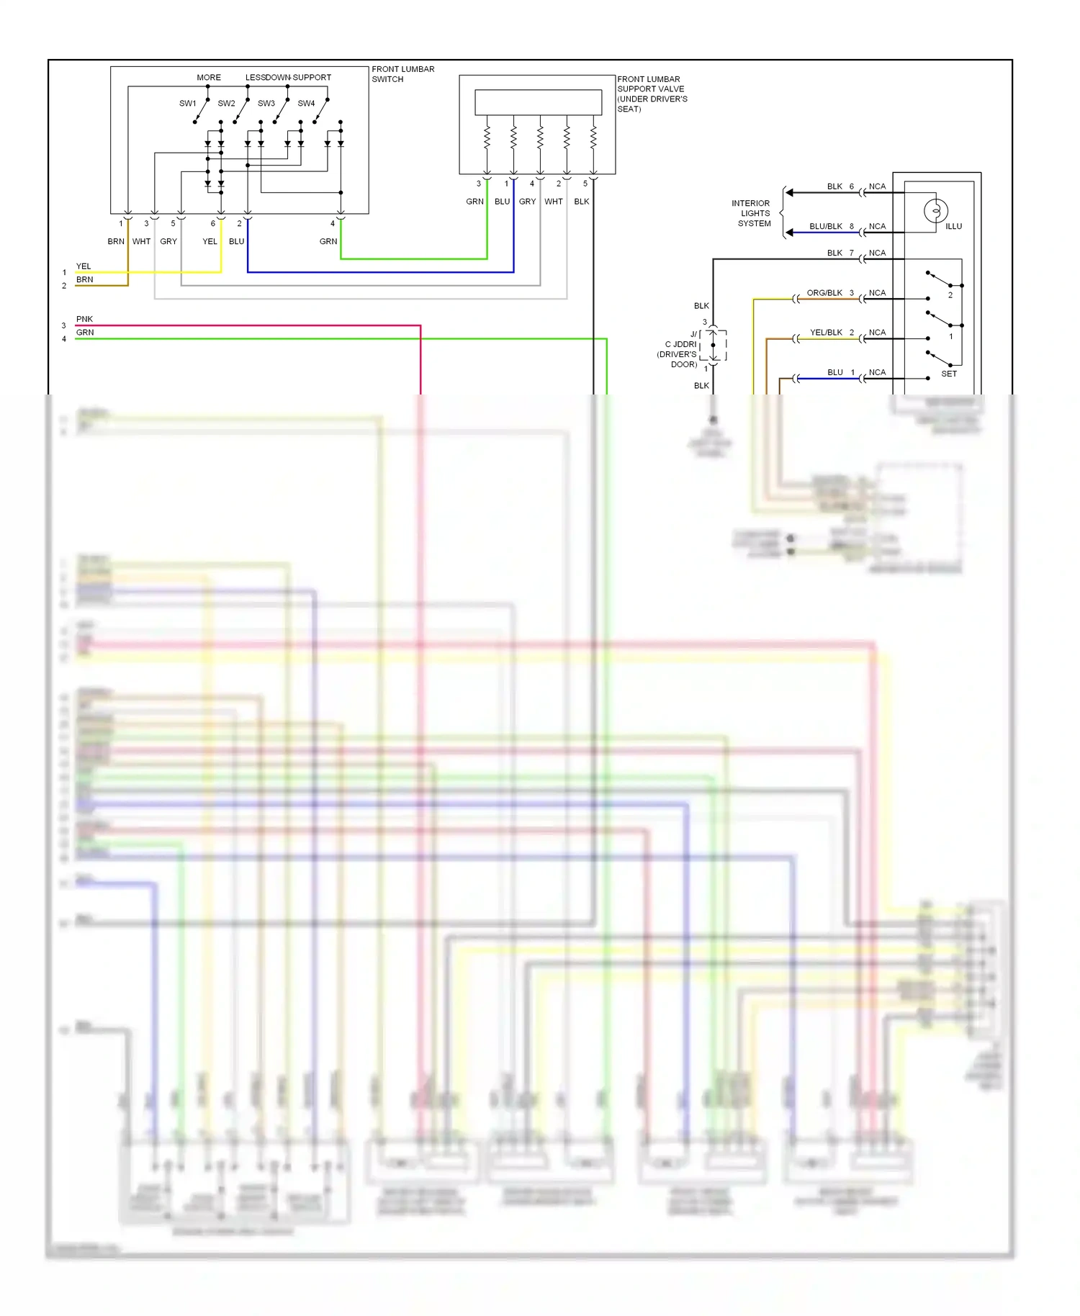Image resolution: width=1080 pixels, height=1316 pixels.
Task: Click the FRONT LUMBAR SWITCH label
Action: coord(402,74)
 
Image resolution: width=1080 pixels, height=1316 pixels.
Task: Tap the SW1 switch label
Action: coord(187,104)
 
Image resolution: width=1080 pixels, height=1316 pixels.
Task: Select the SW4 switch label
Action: coord(306,104)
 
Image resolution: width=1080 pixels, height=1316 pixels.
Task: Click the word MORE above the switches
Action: coord(209,78)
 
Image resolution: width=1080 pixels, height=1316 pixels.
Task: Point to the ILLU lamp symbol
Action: coord(935,211)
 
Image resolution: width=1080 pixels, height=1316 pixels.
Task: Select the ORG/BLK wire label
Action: coord(824,293)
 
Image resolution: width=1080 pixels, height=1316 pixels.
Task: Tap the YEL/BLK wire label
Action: coord(826,333)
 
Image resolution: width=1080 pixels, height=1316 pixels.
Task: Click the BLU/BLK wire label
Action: coord(826,226)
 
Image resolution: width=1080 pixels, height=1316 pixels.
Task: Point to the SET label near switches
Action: coord(949,374)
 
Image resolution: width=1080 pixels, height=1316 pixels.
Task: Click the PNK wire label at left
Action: coord(84,319)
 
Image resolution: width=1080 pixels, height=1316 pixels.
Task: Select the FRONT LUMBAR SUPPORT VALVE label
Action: coord(652,94)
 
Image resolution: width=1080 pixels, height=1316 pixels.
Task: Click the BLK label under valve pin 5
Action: coord(582,202)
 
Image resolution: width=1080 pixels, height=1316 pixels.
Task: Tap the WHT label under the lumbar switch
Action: coord(141,241)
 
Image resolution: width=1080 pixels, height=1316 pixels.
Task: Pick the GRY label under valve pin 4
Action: coord(527,202)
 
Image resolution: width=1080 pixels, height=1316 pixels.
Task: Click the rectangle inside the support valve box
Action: coord(538,102)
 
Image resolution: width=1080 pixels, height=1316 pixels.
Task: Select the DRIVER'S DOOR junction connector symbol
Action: coord(713,346)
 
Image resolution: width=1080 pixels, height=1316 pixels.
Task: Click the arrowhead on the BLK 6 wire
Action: coord(790,192)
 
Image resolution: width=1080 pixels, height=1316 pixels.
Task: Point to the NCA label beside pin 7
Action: coord(877,253)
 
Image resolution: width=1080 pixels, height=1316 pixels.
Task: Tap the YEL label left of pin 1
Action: coord(84,266)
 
